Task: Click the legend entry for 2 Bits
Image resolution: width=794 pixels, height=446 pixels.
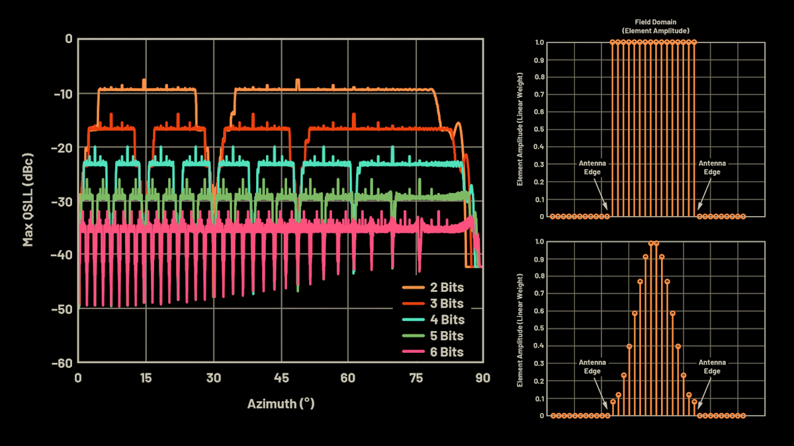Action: point(433,287)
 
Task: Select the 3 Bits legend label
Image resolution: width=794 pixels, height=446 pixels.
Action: point(433,304)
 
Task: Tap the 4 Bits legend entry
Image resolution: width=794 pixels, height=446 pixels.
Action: point(433,320)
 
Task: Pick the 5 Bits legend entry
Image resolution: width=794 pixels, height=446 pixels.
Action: point(433,336)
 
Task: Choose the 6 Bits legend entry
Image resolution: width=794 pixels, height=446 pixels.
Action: point(433,352)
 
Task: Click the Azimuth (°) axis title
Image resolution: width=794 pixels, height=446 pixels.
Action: point(281,403)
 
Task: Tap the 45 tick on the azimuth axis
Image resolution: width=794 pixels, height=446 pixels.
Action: point(281,378)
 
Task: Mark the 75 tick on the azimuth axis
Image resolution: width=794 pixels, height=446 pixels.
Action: point(416,378)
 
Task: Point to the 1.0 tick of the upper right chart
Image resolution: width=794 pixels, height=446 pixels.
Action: point(540,42)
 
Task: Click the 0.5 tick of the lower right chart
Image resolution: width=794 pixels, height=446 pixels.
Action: point(540,329)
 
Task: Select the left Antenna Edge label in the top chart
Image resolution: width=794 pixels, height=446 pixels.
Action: point(592,167)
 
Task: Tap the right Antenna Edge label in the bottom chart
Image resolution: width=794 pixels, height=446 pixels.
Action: point(712,367)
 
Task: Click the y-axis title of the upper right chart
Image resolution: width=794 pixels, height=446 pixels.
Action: point(521,130)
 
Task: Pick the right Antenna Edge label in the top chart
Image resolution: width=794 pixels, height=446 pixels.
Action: point(712,167)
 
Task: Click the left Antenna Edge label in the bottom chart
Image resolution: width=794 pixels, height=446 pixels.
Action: point(592,367)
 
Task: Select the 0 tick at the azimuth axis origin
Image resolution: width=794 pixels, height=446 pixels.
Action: point(78,378)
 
